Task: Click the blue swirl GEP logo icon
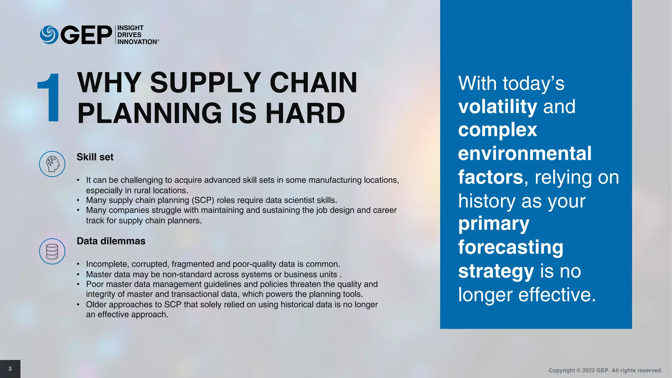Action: click(49, 35)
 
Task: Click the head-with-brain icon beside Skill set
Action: click(52, 164)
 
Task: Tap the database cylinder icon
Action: click(52, 251)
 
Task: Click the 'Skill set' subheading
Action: click(95, 157)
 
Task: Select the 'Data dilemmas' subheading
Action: click(111, 241)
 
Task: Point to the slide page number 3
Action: click(10, 369)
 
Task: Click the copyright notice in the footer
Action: click(605, 370)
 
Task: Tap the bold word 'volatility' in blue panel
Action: click(497, 107)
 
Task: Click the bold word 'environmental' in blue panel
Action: click(525, 154)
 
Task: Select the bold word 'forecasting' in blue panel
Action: click(511, 247)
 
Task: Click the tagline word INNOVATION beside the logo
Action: click(137, 42)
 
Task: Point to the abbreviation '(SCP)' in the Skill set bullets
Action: click(203, 200)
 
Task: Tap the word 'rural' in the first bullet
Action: click(142, 190)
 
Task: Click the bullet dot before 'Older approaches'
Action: click(78, 305)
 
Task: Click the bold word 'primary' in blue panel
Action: click(493, 224)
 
